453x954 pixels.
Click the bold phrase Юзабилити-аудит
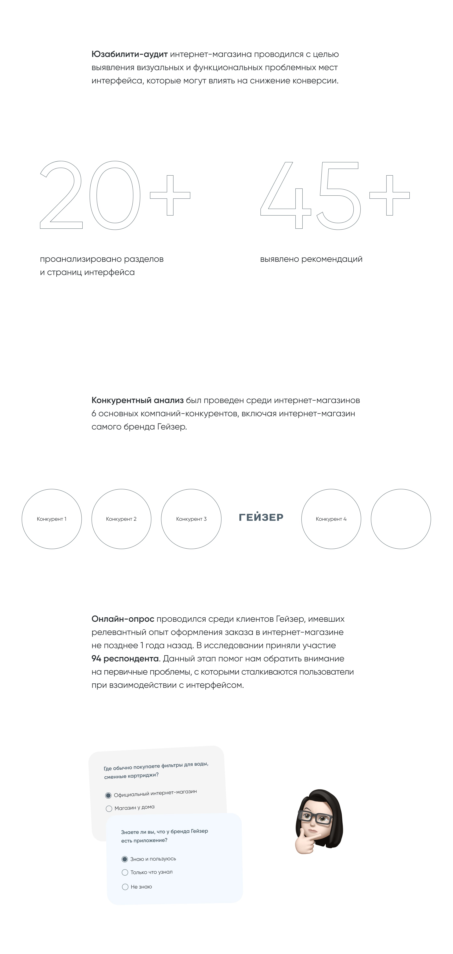pyautogui.click(x=129, y=54)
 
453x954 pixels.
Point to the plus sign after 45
pyautogui.click(x=389, y=195)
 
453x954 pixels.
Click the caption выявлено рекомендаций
pyautogui.click(x=311, y=259)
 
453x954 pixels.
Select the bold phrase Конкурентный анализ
pyautogui.click(x=137, y=400)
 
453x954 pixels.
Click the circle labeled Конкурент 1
pyautogui.click(x=51, y=519)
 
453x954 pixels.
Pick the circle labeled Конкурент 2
pyautogui.click(x=121, y=519)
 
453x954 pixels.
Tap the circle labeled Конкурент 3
pyautogui.click(x=191, y=519)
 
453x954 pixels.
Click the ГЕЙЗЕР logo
pyautogui.click(x=261, y=517)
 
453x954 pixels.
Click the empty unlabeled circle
pyautogui.click(x=401, y=519)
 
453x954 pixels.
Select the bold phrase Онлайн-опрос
pyautogui.click(x=123, y=619)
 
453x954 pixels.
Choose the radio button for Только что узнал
pyautogui.click(x=125, y=873)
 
